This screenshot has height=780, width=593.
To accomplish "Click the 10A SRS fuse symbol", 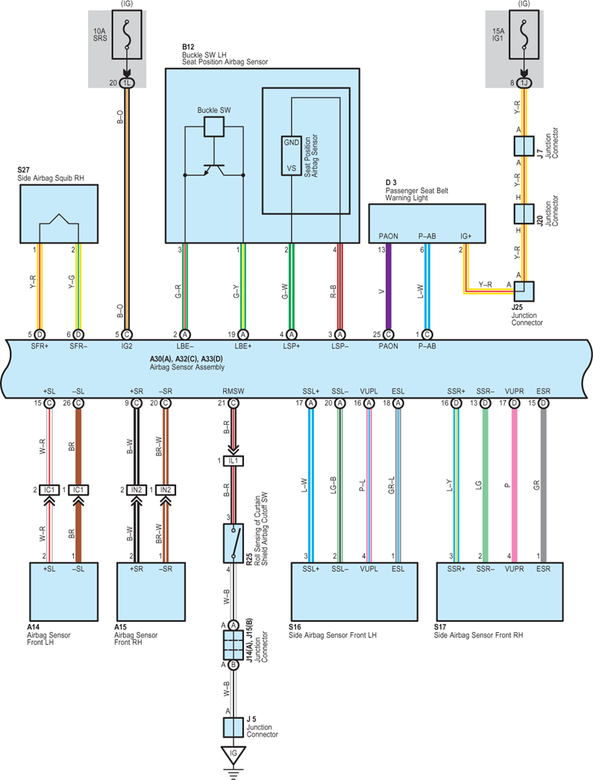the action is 127,34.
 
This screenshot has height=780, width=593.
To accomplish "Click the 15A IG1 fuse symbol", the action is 524,34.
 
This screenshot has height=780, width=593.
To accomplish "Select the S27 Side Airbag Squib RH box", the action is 59,214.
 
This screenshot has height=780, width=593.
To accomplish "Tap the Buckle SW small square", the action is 214,127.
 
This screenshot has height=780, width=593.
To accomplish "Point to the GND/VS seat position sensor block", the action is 292,155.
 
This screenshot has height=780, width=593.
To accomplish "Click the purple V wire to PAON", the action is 388,287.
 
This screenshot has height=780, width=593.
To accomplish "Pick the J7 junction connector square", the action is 524,146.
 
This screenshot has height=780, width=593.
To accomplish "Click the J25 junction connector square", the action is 524,292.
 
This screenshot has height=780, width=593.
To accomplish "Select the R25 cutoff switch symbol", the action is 233,543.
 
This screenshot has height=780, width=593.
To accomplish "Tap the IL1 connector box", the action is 233,461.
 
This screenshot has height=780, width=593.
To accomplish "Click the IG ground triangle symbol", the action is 233,755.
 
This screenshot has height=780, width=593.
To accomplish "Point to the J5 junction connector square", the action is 233,727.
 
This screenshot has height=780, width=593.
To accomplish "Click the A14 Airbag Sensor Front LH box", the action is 63,591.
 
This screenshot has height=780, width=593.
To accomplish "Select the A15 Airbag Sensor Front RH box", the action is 151,591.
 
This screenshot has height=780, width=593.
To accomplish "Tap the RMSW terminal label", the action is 233,391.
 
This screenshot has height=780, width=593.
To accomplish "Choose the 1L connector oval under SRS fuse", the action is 127,83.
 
